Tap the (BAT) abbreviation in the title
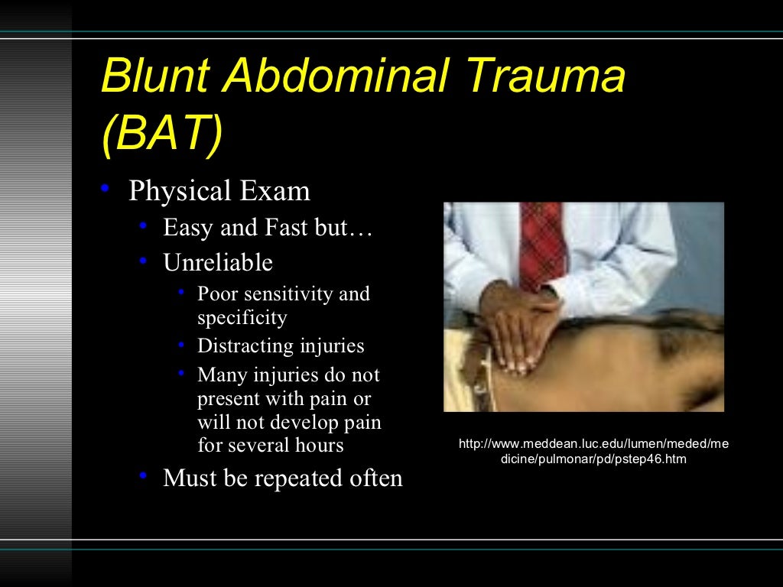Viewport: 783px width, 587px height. [161, 135]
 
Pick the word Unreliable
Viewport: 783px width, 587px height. [217, 263]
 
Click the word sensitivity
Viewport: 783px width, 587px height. [290, 294]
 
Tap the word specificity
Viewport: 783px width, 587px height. [242, 317]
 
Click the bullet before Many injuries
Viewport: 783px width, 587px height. [181, 373]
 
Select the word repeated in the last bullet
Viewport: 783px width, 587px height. [295, 478]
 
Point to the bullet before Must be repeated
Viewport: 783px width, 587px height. [143, 475]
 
